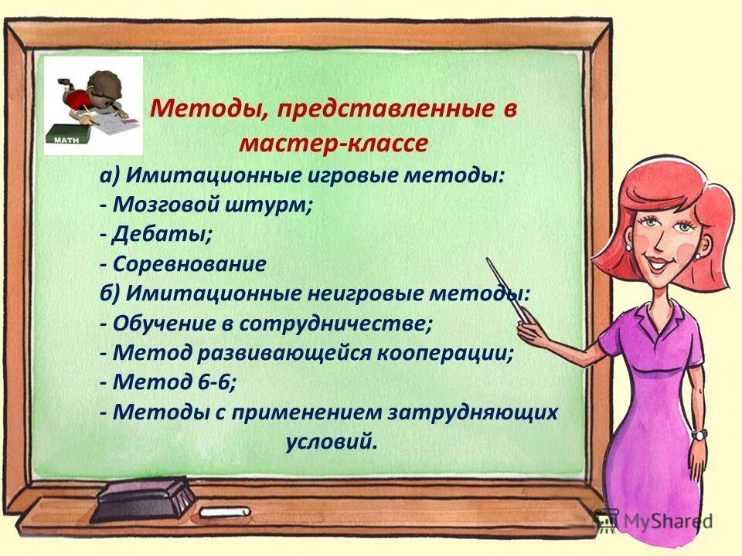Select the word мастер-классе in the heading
coord(333,144)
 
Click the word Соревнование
coord(189,264)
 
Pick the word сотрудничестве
coord(336,323)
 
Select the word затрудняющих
coord(477,412)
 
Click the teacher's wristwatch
coord(699,435)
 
